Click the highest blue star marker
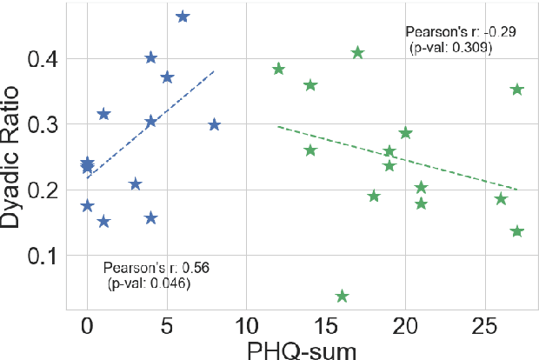click(183, 17)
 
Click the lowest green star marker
click(342, 297)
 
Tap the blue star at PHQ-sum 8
click(215, 124)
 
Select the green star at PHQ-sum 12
click(278, 69)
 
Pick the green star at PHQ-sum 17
click(357, 53)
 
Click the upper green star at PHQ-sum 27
click(517, 90)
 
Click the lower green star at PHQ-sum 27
click(517, 231)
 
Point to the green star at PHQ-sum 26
click(501, 199)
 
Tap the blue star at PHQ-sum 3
click(135, 183)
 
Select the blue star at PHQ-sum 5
click(167, 77)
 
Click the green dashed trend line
click(400, 158)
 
